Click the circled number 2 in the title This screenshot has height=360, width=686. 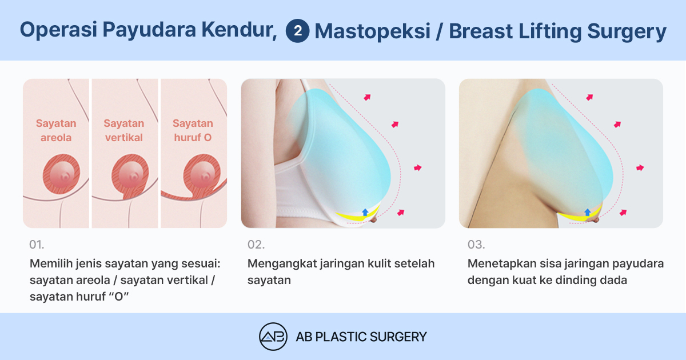pos(297,31)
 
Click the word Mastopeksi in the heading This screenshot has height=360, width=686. pos(372,31)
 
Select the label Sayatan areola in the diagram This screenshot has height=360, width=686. pos(56,130)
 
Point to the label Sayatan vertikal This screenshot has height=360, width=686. pos(123,130)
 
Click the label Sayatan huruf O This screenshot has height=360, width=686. pos(193,130)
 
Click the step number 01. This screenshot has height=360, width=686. pos(37,245)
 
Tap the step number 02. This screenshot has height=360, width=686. pos(256,245)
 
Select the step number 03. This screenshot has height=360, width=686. pos(476,245)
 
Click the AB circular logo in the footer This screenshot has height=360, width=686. pos(273,337)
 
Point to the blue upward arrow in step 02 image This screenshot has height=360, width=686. pos(365,212)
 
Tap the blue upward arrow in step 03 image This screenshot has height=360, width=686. pos(588,212)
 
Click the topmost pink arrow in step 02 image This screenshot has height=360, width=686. pos(367,97)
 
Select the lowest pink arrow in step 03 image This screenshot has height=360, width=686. pos(623,213)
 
